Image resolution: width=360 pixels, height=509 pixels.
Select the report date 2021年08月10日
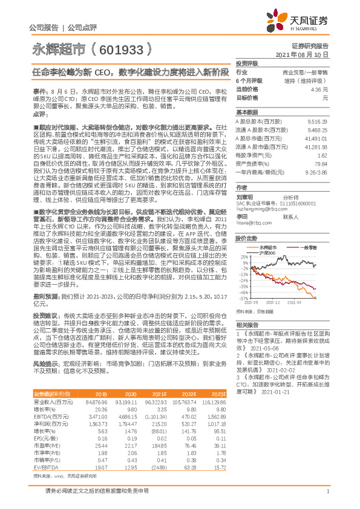(306, 54)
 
